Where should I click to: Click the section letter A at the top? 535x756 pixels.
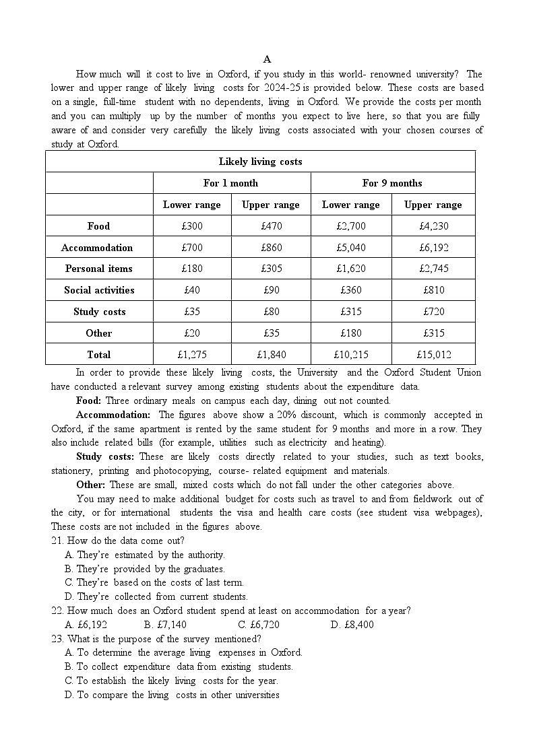(x=267, y=59)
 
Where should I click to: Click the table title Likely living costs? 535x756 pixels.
(x=260, y=162)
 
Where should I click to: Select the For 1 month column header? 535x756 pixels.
(x=230, y=183)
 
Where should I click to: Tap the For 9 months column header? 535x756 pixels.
(x=392, y=183)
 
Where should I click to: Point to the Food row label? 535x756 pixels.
(x=98, y=226)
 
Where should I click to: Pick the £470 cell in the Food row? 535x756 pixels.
(x=271, y=226)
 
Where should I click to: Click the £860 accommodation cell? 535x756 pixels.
(x=271, y=248)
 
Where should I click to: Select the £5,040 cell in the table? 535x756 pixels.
(x=350, y=248)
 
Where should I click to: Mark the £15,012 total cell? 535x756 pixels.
(x=433, y=355)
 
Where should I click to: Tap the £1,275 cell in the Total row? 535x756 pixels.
(x=191, y=355)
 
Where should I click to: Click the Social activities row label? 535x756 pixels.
(x=99, y=290)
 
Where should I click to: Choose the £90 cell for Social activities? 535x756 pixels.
(x=271, y=290)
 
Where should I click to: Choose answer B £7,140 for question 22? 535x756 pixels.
(x=165, y=625)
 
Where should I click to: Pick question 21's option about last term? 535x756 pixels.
(x=154, y=582)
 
